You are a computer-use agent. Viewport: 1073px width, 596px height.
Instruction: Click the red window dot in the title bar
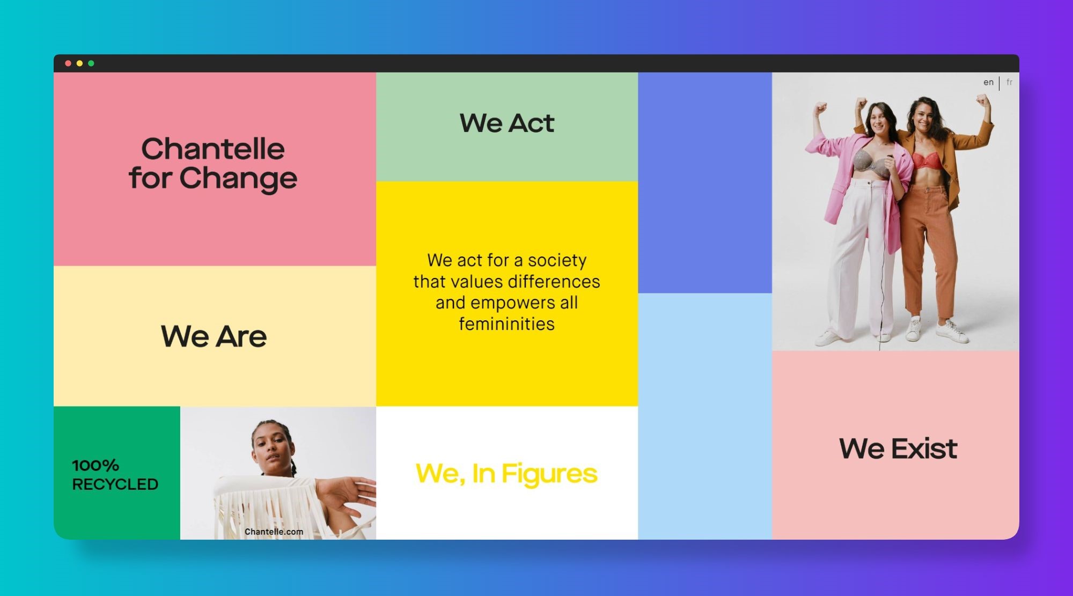(68, 63)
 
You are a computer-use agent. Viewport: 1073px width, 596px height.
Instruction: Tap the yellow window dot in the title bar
(79, 63)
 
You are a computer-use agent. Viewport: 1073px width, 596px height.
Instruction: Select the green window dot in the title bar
(91, 63)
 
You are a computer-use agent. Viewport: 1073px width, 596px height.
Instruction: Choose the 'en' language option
(988, 82)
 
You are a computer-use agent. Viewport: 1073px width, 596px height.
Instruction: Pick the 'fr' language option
(1009, 82)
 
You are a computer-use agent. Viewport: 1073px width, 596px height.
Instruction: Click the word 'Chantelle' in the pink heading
(213, 149)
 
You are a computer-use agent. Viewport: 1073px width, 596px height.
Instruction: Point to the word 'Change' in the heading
(238, 179)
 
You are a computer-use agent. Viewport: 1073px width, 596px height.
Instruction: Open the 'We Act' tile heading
(506, 123)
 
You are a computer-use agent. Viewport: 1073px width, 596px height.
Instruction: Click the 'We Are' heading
(214, 336)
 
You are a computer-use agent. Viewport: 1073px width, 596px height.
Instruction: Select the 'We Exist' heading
(898, 448)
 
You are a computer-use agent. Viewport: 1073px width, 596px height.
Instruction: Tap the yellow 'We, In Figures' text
(506, 474)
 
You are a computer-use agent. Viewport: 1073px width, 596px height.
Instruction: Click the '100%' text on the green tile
(95, 465)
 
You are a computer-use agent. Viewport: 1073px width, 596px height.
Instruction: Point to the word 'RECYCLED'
(115, 484)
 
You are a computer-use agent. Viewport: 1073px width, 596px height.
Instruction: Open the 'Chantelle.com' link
(274, 532)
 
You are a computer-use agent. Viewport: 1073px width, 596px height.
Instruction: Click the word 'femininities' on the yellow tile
(506, 324)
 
